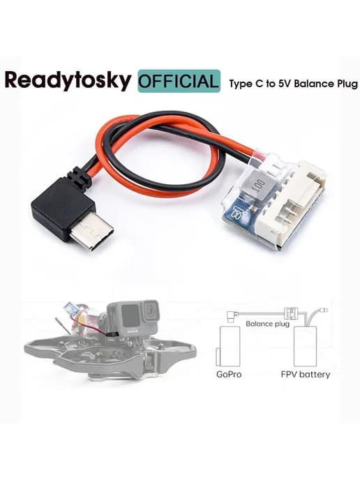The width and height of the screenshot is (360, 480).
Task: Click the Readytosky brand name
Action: [68, 81]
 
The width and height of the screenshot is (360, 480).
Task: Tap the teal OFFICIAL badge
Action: [179, 81]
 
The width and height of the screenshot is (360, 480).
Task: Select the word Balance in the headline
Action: [314, 84]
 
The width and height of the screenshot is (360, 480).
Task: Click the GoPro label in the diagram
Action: [229, 374]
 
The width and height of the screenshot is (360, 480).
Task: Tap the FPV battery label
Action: [305, 375]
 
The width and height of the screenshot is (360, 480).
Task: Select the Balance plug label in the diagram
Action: [267, 324]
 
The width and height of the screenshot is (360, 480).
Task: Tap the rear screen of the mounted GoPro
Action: [126, 317]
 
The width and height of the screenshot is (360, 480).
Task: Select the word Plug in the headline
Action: [347, 84]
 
